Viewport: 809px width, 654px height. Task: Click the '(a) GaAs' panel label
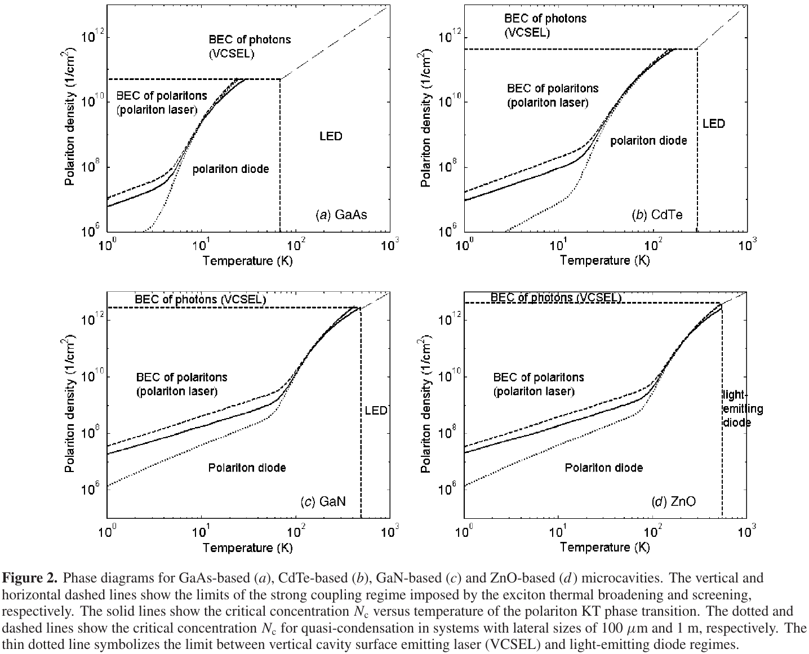340,215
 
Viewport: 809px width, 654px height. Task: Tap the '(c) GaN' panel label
323,501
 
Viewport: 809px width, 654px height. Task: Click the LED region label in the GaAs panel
331,136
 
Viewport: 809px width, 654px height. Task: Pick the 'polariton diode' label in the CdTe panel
648,140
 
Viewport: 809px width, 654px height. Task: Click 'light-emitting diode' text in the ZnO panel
742,409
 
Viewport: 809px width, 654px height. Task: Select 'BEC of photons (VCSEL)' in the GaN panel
200,299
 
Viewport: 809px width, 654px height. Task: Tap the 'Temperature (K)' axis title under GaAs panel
247,261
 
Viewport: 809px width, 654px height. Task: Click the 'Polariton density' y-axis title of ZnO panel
427,406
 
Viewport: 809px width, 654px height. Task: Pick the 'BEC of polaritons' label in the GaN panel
181,377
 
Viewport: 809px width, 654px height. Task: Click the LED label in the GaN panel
375,410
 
